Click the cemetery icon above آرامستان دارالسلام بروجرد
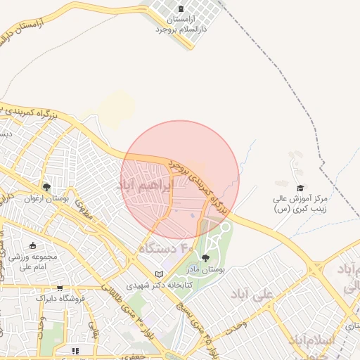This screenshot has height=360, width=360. point(183,8)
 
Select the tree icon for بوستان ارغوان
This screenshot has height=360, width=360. point(46,187)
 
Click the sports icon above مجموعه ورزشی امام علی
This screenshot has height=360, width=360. point(33,245)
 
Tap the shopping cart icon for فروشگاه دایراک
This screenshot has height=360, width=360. point(60,288)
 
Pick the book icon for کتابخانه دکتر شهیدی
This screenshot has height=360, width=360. point(159,274)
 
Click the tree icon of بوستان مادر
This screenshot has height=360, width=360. point(205,258)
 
